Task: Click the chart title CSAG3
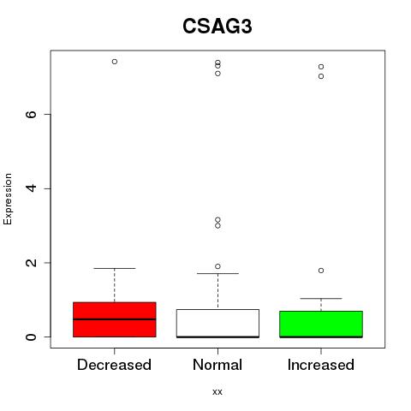click(217, 27)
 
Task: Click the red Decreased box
click(115, 319)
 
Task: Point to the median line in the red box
click(115, 319)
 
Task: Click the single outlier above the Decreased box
click(115, 62)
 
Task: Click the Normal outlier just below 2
click(217, 266)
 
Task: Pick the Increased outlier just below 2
click(321, 271)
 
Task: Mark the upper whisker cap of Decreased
click(115, 268)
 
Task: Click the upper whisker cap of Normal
click(217, 273)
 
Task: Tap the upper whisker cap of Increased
click(321, 298)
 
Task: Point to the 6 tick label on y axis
click(31, 114)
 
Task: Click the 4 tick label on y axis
click(31, 188)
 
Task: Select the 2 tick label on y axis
click(31, 263)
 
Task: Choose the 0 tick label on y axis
click(31, 337)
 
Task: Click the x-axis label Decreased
click(114, 365)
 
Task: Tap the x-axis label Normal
click(217, 365)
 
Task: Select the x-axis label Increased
click(321, 365)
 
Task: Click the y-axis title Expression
click(8, 199)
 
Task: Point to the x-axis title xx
click(217, 392)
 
